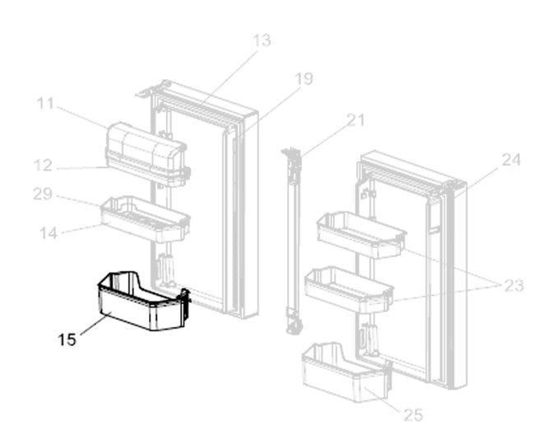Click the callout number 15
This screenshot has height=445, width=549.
[x=68, y=339]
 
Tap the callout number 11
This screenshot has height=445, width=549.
[x=45, y=104]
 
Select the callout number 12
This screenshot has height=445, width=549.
[x=44, y=166]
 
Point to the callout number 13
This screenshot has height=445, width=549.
[x=262, y=40]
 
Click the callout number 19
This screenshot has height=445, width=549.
[x=304, y=79]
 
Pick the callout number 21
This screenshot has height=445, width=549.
[x=355, y=120]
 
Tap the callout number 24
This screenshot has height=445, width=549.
[x=511, y=161]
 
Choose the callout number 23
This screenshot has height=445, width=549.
[x=514, y=286]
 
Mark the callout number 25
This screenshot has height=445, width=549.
[x=413, y=415]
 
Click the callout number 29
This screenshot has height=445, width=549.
[x=44, y=194]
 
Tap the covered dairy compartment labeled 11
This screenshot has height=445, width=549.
[x=144, y=151]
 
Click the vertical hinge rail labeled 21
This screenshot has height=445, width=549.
[x=291, y=239]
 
